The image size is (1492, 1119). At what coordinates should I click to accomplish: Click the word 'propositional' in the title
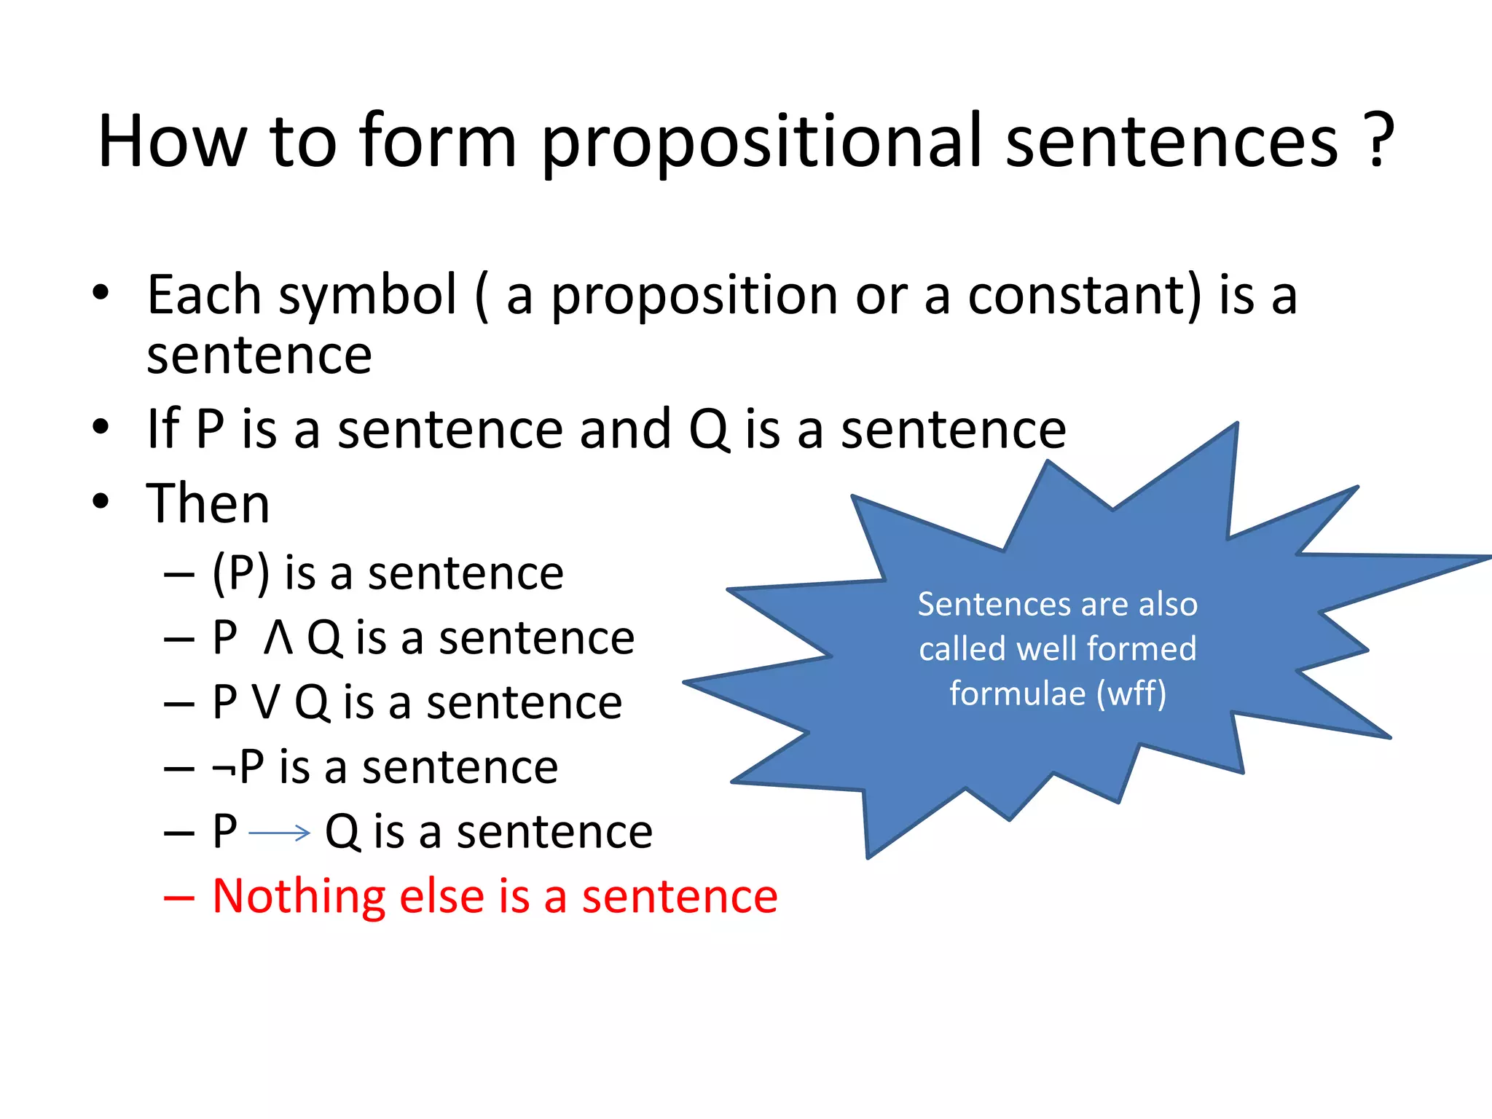761,142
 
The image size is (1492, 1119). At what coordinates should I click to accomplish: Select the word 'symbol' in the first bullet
368,296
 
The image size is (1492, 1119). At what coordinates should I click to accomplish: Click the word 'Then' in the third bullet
208,503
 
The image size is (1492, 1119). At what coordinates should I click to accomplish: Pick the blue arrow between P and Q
280,833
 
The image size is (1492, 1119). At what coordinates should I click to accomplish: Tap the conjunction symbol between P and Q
278,639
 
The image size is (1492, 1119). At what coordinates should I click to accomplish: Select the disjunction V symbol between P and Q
265,703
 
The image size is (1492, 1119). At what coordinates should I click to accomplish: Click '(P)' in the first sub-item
241,573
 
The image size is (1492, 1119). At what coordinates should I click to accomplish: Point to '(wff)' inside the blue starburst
1131,694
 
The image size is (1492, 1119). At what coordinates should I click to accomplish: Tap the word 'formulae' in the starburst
1017,693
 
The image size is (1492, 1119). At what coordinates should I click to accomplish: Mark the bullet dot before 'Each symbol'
101,294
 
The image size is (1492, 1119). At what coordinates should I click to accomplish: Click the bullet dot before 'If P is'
101,428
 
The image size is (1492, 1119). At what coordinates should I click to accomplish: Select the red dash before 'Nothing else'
179,898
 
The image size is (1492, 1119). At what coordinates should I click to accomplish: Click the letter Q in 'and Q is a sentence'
709,430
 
